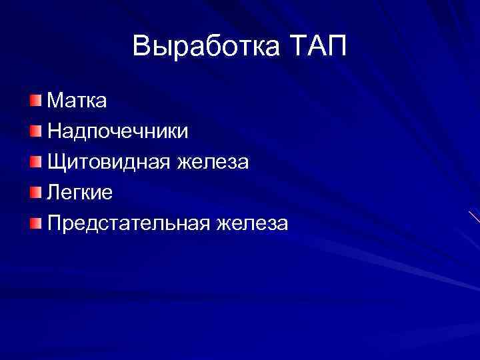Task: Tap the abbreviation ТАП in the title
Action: [x=320, y=47]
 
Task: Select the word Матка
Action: [x=77, y=101]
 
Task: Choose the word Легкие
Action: [x=79, y=193]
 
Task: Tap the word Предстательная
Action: [x=127, y=223]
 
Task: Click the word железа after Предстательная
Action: [x=251, y=223]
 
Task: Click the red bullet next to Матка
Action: [x=35, y=100]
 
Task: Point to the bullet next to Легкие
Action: [x=35, y=192]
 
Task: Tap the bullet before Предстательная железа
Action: [x=35, y=223]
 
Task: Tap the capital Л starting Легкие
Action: [x=54, y=193]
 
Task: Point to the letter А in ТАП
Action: [x=319, y=47]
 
